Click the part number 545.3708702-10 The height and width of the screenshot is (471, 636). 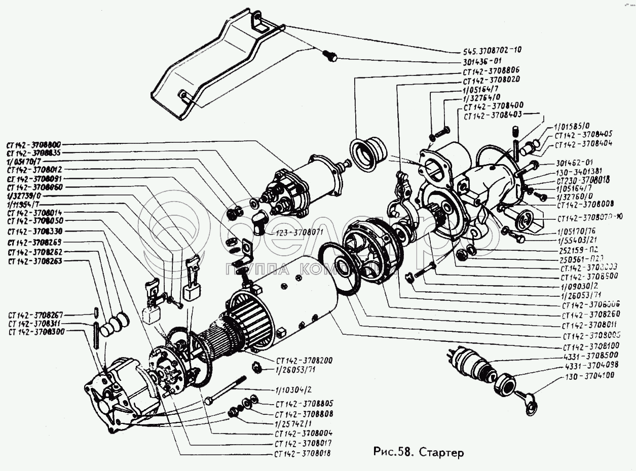[x=492, y=50]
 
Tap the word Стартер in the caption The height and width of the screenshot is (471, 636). [x=440, y=452]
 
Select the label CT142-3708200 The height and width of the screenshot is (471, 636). [x=304, y=361]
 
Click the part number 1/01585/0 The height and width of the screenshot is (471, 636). [x=572, y=125]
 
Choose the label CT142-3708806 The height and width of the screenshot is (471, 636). [x=491, y=70]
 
